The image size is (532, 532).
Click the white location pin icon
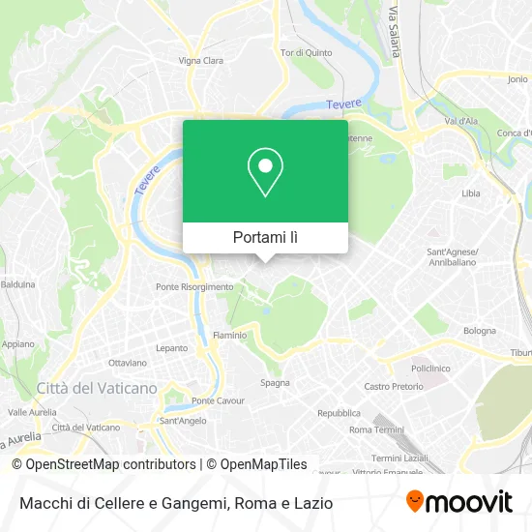(x=265, y=172)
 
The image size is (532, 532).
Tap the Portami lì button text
(x=265, y=237)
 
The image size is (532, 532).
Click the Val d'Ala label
(x=461, y=121)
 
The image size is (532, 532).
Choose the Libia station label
(x=471, y=193)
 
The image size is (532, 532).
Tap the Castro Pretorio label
(x=393, y=386)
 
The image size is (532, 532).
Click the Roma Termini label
(x=375, y=429)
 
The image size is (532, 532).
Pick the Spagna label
(x=275, y=383)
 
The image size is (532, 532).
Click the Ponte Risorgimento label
(x=195, y=286)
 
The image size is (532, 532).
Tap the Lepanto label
(x=171, y=347)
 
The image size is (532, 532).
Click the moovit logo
(x=458, y=501)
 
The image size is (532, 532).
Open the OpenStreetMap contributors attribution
(x=105, y=464)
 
